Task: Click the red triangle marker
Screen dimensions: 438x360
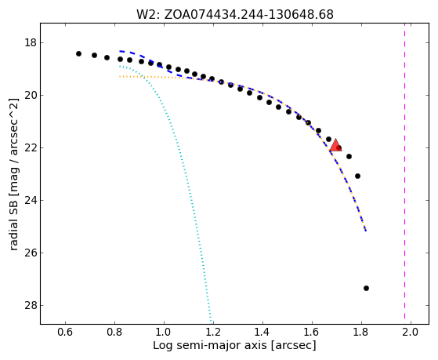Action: (x=335, y=145)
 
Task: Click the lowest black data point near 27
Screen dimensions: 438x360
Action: (x=366, y=288)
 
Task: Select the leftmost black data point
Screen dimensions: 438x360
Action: (x=79, y=53)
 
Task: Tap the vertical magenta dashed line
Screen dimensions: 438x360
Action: (x=405, y=173)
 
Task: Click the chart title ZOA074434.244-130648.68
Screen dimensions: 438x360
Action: (x=248, y=14)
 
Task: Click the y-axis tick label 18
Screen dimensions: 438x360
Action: (x=31, y=43)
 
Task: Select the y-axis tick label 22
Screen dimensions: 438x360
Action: (x=31, y=147)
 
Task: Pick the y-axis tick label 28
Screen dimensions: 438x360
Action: (x=31, y=305)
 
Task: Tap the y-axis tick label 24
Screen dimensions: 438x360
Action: (x=31, y=200)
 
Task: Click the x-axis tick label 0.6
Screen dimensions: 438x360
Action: (x=65, y=332)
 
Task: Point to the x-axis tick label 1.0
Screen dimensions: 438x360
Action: (x=164, y=332)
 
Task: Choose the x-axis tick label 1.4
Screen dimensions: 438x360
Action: (x=262, y=332)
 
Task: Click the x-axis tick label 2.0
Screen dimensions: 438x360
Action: (x=411, y=332)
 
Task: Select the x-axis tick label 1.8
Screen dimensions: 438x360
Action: (x=361, y=332)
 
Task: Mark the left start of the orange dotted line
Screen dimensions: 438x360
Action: (x=120, y=76)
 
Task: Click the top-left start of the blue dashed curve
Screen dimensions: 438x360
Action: (x=120, y=51)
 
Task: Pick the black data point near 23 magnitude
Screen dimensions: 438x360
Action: (x=357, y=176)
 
